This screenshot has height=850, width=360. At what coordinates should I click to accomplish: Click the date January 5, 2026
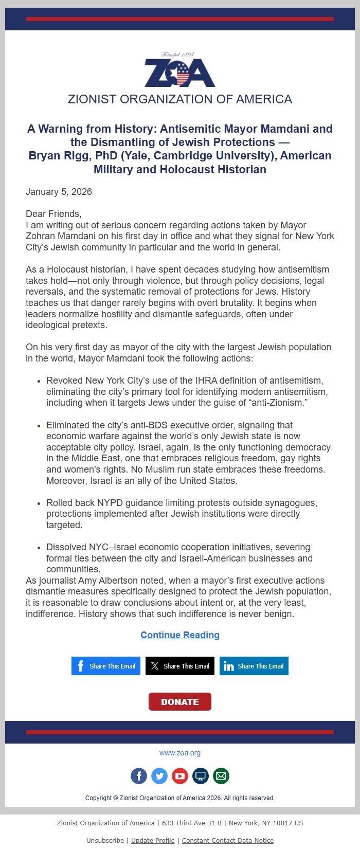[x=59, y=192]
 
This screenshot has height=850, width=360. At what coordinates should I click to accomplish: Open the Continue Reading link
[x=180, y=635]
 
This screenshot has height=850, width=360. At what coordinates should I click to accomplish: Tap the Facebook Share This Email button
[x=106, y=666]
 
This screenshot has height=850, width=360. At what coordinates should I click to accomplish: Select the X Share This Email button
[x=180, y=666]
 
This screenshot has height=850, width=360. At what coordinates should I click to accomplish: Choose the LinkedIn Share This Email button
[x=254, y=666]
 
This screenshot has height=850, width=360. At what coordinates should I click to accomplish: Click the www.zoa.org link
[x=180, y=753]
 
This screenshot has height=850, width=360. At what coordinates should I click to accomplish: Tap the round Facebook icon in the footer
[x=139, y=776]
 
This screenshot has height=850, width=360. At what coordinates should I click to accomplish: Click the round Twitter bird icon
[x=159, y=776]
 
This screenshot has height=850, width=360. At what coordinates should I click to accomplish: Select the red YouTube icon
[x=180, y=776]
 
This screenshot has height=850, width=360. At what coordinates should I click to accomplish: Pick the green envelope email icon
[x=221, y=776]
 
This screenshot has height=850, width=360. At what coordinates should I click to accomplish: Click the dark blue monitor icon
[x=201, y=776]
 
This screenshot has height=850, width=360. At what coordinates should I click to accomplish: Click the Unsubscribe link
[x=105, y=840]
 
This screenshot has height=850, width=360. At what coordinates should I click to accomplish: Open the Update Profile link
[x=153, y=840]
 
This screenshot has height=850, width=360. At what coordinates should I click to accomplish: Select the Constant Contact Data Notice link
[x=228, y=840]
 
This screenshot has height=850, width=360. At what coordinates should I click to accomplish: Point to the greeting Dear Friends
[x=53, y=214]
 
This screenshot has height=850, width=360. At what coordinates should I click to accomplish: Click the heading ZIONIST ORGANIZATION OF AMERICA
[x=180, y=99]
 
